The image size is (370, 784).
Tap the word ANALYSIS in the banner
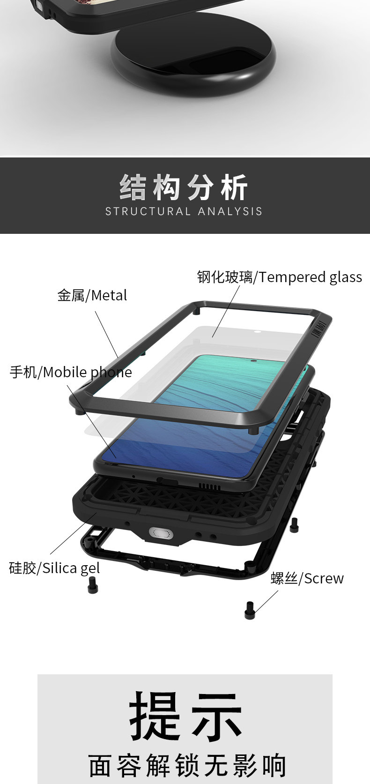click(230, 211)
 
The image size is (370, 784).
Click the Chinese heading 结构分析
click(184, 187)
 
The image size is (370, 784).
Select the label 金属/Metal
click(92, 295)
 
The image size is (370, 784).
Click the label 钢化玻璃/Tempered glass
click(280, 277)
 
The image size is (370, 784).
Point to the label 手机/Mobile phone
click(71, 372)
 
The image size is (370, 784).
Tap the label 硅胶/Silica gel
click(54, 568)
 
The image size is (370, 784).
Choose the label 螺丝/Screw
click(307, 578)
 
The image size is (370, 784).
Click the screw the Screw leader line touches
click(250, 610)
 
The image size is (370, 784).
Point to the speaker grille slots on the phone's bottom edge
click(209, 486)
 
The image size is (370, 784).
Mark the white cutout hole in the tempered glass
click(257, 331)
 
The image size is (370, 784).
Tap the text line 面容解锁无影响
click(187, 765)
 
